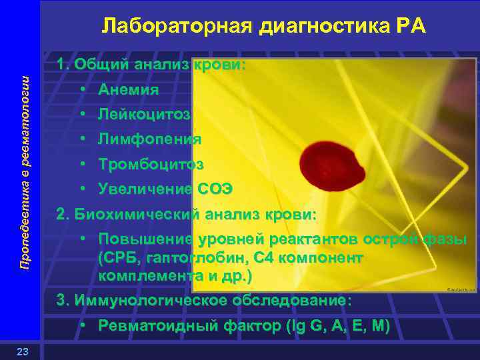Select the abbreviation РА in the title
click(409, 26)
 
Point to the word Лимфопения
click(149, 139)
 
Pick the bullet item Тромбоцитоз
click(151, 164)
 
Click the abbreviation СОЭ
click(215, 189)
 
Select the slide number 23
click(21, 352)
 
